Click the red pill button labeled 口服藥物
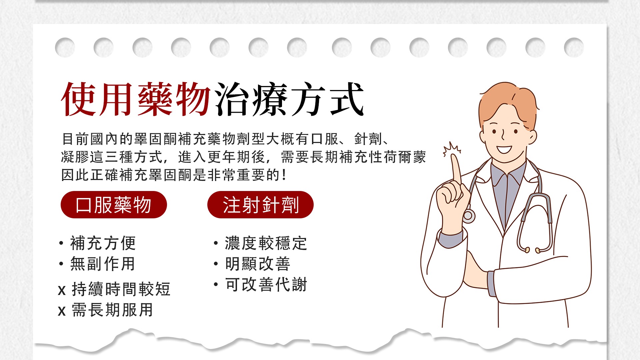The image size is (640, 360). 114,205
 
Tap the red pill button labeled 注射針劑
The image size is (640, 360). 260,205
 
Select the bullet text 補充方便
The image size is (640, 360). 103,243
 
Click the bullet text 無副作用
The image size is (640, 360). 102,264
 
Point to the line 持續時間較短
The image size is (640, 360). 121,289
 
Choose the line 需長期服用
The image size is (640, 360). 112,310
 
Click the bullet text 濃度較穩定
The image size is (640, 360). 266,243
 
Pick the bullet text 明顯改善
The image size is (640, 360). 258,264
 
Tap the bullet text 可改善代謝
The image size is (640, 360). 266,284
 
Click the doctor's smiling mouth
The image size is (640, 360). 504,149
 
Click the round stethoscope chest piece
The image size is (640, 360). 469,216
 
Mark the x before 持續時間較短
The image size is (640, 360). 62,290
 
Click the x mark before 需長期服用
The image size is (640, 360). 62,311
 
